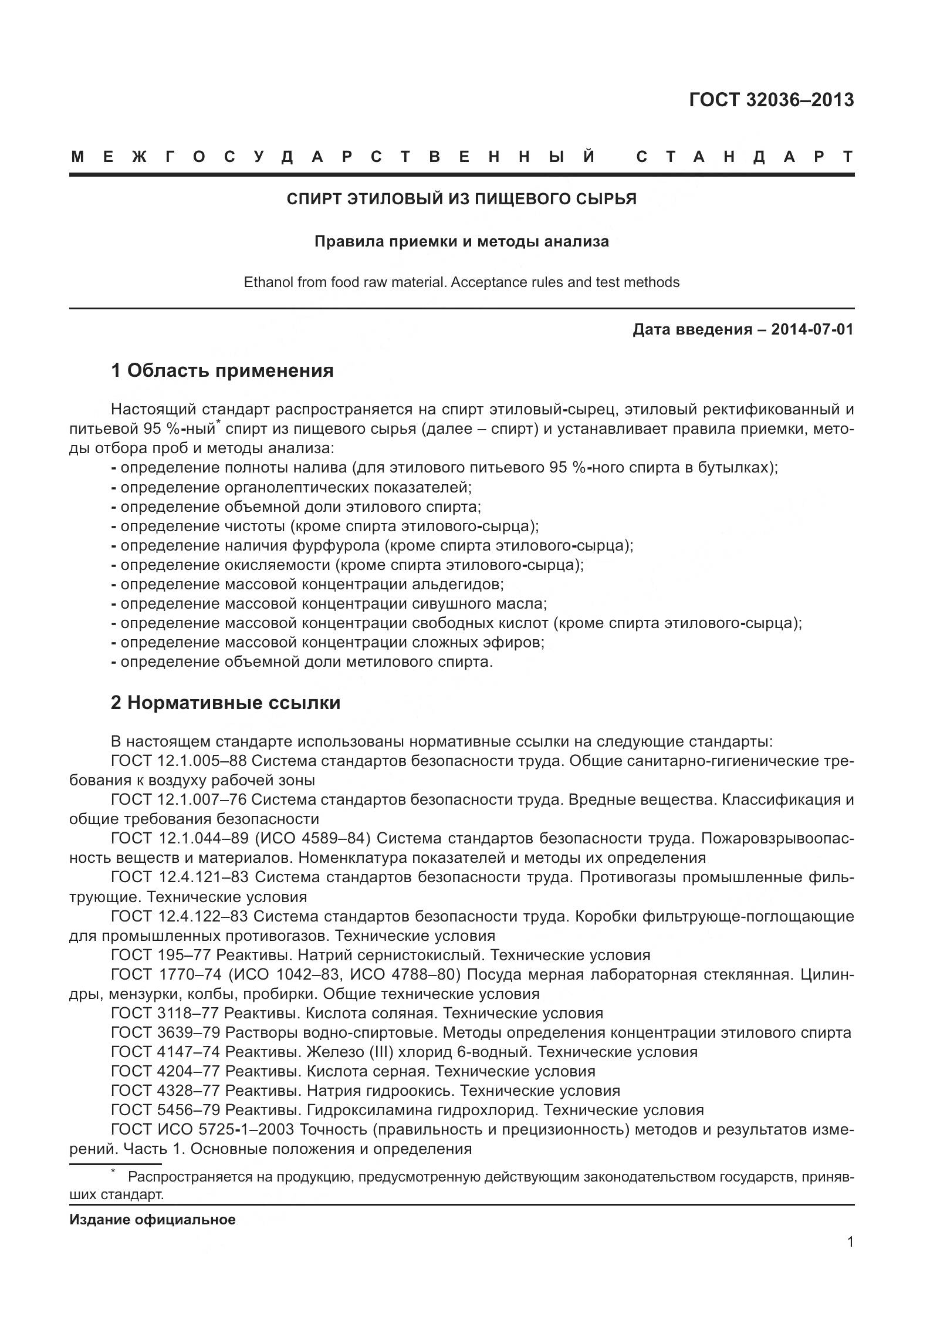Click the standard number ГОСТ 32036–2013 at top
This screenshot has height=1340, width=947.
[x=771, y=100]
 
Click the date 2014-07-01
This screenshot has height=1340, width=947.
[x=812, y=329]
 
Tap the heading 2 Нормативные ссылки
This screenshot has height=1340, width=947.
[x=225, y=703]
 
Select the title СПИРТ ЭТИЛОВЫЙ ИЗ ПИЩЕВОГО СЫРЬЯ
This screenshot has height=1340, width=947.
[x=461, y=199]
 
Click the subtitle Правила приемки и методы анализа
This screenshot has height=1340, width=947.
[x=461, y=241]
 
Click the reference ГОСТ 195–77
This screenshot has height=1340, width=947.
[x=161, y=955]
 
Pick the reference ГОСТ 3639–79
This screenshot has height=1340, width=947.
[x=165, y=1032]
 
